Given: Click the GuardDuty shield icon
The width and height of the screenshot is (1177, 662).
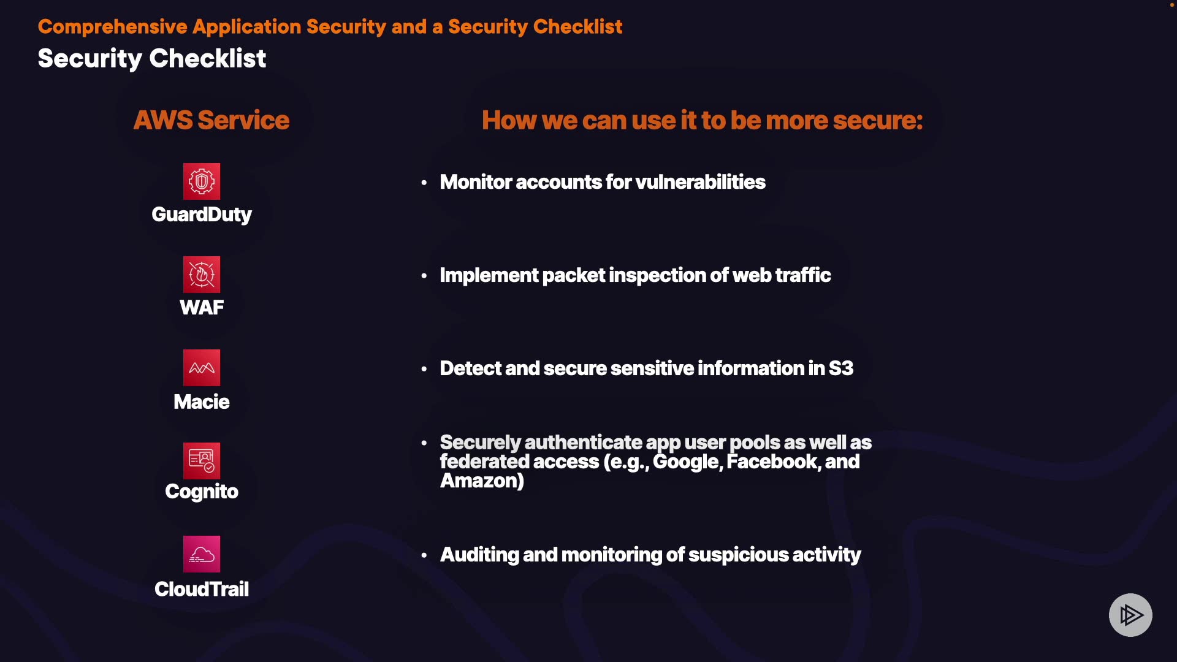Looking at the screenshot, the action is coord(202,181).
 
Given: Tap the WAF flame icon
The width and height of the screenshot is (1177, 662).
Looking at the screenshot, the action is coord(202,275).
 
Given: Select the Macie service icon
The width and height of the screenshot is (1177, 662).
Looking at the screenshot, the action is coord(202,368).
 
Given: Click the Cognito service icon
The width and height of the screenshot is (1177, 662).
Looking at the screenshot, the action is coord(202,461).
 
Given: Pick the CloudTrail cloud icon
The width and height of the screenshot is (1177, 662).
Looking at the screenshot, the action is coord(202,554).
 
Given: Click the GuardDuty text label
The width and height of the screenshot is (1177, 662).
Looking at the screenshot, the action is coord(202,215).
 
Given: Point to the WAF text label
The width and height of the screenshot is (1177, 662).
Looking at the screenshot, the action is coord(202,308).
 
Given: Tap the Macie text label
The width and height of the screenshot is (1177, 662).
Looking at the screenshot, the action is coord(202,402).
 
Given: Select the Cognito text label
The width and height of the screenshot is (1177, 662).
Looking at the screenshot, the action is coord(202,492).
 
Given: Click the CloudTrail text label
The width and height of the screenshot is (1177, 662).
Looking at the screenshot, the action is coord(202,589).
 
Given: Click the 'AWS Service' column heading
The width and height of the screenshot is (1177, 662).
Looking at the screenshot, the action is coord(211,120).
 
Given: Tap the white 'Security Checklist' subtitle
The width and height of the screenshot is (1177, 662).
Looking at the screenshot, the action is coord(152,59).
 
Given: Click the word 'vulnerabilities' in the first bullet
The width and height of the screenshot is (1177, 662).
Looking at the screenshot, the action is coord(701,182).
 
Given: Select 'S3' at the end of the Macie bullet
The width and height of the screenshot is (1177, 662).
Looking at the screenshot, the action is coord(841,368).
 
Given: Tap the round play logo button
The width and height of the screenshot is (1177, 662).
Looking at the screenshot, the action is coord(1130,615).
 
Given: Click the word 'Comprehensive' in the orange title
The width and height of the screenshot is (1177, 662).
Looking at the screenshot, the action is coord(113,27).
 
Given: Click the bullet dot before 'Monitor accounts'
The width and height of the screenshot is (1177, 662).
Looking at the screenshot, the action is coord(424,183).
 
